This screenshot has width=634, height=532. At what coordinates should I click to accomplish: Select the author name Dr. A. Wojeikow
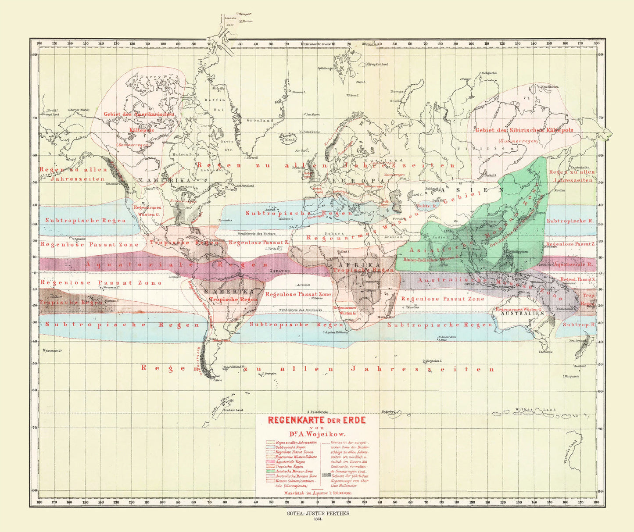pyautogui.click(x=317, y=434)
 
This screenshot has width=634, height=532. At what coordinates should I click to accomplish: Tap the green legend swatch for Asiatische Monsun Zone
pyautogui.click(x=270, y=471)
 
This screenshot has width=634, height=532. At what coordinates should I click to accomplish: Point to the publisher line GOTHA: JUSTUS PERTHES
pyautogui.click(x=318, y=513)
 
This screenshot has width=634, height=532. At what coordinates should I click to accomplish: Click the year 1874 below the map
pyautogui.click(x=318, y=519)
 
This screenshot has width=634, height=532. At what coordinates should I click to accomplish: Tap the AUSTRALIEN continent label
pyautogui.click(x=519, y=314)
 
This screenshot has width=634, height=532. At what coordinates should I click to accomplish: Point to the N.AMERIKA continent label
pyautogui.click(x=164, y=180)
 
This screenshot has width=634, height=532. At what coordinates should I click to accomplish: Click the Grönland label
pyautogui.click(x=260, y=120)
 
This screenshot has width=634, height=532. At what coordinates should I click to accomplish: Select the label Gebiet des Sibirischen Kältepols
pyautogui.click(x=524, y=130)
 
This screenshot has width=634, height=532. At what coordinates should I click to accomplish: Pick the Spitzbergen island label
pyautogui.click(x=326, y=68)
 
